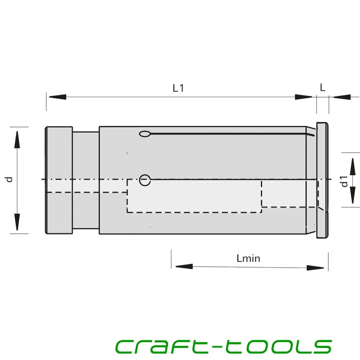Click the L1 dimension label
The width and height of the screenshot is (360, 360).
[178, 88]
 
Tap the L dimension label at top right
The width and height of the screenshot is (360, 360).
[323, 87]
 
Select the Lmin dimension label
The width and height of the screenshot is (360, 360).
[248, 258]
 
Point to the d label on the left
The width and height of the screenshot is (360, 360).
[9, 179]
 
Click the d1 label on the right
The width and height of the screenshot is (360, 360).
[345, 181]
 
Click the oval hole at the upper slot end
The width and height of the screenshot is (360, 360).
[145, 134]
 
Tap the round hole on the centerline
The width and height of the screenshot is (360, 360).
[145, 180]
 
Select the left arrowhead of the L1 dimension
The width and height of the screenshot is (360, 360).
[57, 97]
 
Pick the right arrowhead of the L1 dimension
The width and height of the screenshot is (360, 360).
[303, 97]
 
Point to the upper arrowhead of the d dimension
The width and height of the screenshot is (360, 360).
[17, 140]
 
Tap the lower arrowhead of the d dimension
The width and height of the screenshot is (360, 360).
[17, 222]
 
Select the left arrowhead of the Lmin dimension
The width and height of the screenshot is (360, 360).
[184, 266]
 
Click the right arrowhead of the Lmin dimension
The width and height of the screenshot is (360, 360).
[315, 268]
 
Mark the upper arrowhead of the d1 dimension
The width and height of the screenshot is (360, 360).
[353, 166]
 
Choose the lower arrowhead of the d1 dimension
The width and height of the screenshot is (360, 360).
[353, 195]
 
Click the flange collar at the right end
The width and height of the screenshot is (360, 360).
[322, 180]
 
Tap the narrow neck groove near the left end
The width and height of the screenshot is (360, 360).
[86, 180]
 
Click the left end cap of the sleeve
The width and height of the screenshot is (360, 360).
[59, 180]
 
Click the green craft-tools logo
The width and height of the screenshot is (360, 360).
[224, 346]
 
